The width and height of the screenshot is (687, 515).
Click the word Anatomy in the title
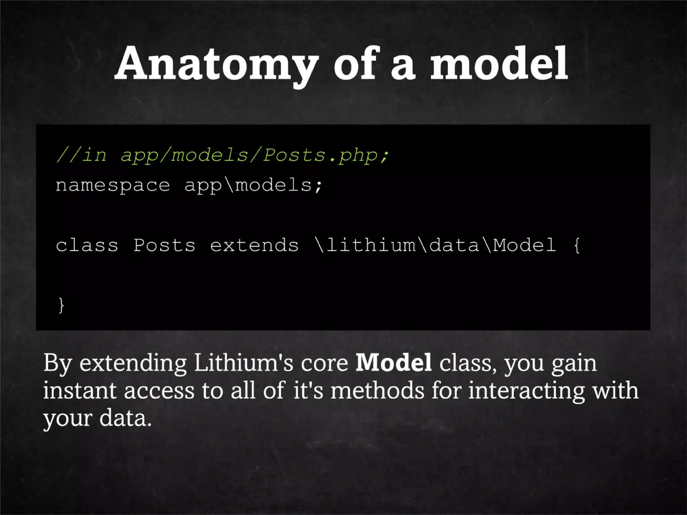[216, 64]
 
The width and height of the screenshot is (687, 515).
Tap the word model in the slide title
[499, 64]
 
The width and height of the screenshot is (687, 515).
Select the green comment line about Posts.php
[222, 155]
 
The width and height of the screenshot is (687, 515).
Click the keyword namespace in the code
[113, 185]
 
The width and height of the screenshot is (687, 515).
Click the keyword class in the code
[87, 245]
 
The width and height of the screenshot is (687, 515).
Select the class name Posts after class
[164, 245]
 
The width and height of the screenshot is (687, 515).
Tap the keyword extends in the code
[254, 245]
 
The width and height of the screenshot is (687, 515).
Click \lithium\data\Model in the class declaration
[435, 245]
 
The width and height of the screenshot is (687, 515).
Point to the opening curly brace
[577, 245]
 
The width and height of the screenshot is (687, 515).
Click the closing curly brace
[61, 305]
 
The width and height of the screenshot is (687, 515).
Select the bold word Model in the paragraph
[393, 363]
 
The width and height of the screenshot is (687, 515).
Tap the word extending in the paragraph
[133, 363]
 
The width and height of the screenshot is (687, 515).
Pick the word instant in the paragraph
[80, 391]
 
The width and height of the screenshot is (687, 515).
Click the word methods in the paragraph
[377, 391]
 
